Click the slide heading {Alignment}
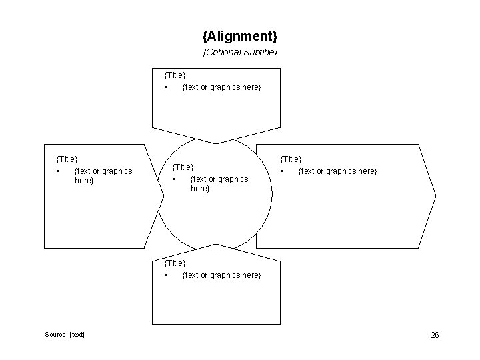click(240, 34)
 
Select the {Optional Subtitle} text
click(240, 52)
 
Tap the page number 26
click(435, 335)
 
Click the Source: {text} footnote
click(65, 334)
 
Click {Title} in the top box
click(175, 76)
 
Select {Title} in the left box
click(67, 159)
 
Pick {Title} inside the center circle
click(183, 167)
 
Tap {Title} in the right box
click(291, 159)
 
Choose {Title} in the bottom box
click(175, 263)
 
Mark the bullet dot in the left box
click(58, 171)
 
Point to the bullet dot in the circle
click(173, 179)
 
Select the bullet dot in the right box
click(282, 171)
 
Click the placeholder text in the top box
click(221, 87)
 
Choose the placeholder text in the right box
click(337, 171)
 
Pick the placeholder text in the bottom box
click(221, 275)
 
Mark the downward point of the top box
click(215, 142)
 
